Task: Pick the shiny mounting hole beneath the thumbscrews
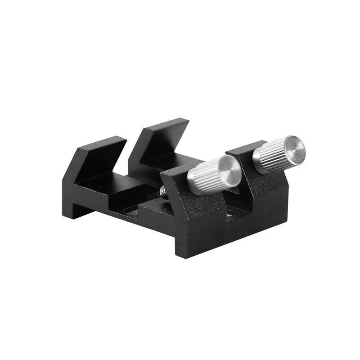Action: tap(231, 216)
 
